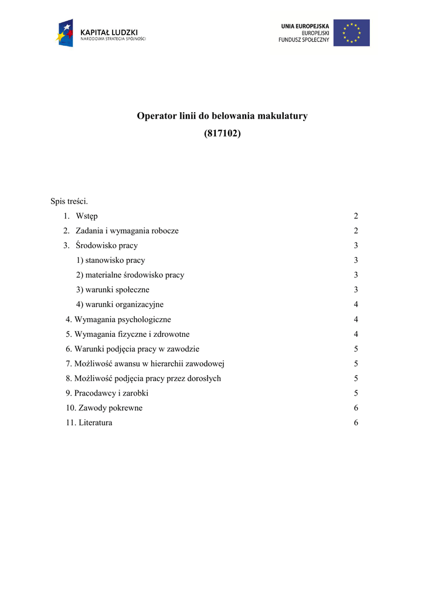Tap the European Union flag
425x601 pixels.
pyautogui.click(x=352, y=32)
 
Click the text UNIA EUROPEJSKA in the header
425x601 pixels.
pyautogui.click(x=305, y=26)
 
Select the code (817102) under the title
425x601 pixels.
pyautogui.click(x=222, y=133)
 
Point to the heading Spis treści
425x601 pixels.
pyautogui.click(x=69, y=201)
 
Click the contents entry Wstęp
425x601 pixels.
pyautogui.click(x=87, y=216)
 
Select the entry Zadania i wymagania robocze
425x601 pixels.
pyautogui.click(x=127, y=231)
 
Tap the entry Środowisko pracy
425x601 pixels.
pyautogui.click(x=107, y=245)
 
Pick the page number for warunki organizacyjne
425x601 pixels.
pyautogui.click(x=356, y=305)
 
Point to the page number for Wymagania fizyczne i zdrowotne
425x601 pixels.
pyautogui.click(x=356, y=334)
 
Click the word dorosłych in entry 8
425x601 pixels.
pyautogui.click(x=202, y=379)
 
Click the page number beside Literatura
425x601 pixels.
pyautogui.click(x=356, y=423)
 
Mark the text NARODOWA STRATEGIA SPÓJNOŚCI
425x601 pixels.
pyautogui.click(x=113, y=39)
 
